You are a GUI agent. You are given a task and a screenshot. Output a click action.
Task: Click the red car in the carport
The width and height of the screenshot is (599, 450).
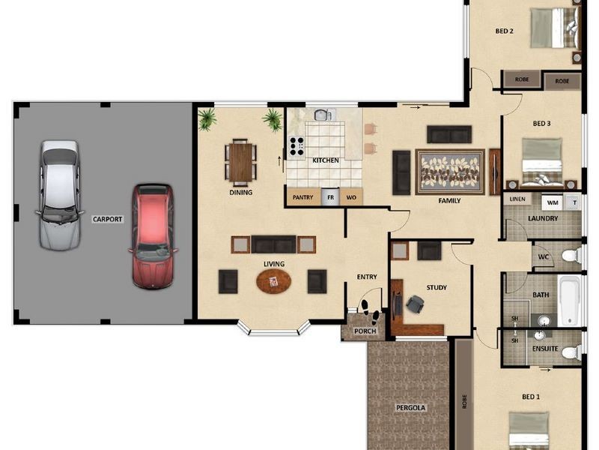click(x=153, y=236)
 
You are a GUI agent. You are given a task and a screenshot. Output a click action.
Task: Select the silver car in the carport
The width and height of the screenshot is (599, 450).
click(x=60, y=195)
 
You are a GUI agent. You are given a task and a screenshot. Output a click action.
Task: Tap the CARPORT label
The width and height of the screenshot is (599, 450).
click(x=107, y=219)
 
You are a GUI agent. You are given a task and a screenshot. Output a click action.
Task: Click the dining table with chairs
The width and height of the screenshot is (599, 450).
click(x=240, y=160)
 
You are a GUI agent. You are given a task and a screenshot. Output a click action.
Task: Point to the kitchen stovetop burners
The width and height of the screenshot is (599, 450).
click(x=297, y=146)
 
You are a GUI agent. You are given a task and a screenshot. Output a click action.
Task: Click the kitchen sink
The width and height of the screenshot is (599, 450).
click(x=323, y=115)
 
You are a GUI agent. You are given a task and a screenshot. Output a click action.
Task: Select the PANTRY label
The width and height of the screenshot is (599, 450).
click(x=302, y=197)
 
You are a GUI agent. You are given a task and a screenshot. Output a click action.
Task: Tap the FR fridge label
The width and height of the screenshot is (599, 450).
click(x=330, y=197)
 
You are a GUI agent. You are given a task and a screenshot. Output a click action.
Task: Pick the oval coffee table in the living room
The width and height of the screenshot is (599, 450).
click(x=273, y=281)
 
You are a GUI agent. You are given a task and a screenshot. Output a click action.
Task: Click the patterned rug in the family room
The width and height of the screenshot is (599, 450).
click(x=450, y=172)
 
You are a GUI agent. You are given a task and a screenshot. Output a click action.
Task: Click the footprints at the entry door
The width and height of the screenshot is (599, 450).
click(x=370, y=310)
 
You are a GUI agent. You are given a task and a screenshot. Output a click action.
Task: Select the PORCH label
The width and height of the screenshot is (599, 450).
click(x=365, y=331)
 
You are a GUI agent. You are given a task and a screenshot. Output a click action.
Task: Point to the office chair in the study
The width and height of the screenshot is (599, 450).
click(x=415, y=304)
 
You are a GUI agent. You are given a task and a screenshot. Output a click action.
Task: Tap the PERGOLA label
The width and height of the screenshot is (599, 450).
click(x=410, y=408)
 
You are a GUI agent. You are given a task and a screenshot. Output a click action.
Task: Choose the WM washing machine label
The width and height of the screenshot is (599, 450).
click(x=553, y=202)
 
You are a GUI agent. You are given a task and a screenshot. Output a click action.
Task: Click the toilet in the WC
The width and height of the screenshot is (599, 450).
click(x=572, y=255)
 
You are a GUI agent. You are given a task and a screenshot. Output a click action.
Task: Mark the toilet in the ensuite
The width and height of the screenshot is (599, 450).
click(x=572, y=351)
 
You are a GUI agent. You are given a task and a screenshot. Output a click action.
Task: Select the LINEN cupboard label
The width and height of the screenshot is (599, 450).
click(x=517, y=199)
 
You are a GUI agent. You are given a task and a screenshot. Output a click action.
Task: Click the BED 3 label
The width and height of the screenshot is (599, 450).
click(x=541, y=124)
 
